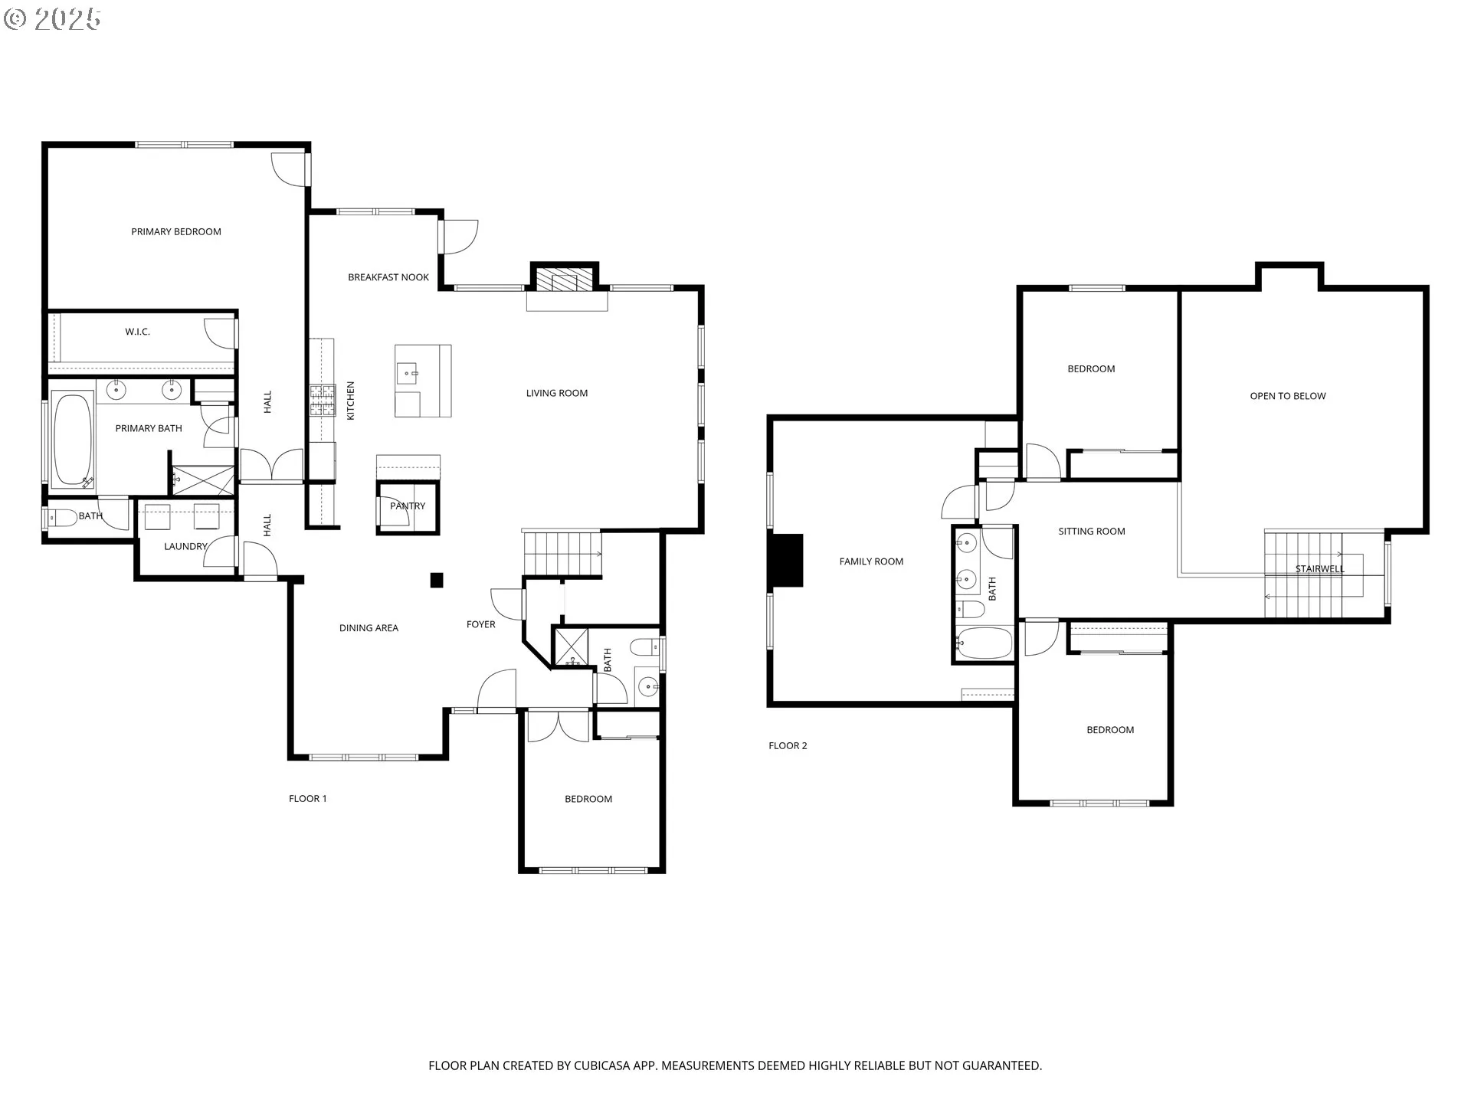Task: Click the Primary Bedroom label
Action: (176, 231)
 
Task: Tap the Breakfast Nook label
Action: (388, 277)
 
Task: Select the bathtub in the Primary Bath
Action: (72, 440)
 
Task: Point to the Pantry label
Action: (408, 506)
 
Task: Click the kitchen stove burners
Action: (323, 400)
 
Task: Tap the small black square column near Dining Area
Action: (437, 580)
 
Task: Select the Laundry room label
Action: (185, 546)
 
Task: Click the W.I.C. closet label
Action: (138, 332)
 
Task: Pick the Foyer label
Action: (481, 624)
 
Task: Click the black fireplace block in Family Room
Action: (787, 560)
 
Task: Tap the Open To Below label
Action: (1288, 396)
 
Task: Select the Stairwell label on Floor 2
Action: (1319, 568)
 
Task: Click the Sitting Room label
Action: (1092, 531)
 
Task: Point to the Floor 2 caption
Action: (788, 745)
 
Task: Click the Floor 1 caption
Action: (308, 798)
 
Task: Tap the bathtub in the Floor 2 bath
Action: (984, 643)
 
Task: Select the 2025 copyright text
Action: (68, 19)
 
